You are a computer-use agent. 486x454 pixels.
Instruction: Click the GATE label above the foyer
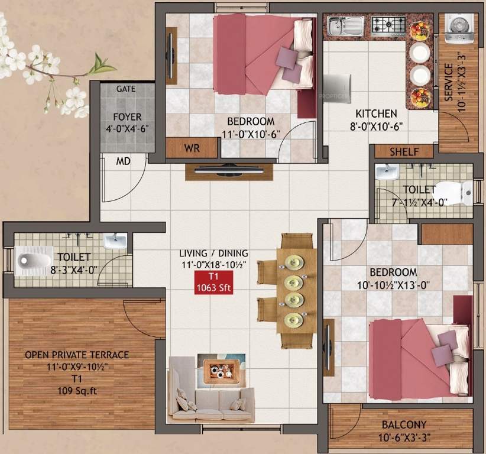click(125, 89)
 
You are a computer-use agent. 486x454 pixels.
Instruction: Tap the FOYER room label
click(127, 117)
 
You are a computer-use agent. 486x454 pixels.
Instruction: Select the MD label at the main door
click(123, 161)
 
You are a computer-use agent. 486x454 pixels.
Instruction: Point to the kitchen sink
click(346, 25)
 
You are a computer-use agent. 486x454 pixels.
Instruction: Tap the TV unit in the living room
click(229, 171)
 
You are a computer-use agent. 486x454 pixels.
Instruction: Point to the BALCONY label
click(405, 425)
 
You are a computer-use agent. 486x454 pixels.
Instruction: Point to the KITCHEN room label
click(376, 113)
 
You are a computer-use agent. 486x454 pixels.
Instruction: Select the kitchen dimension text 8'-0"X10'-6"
click(376, 126)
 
